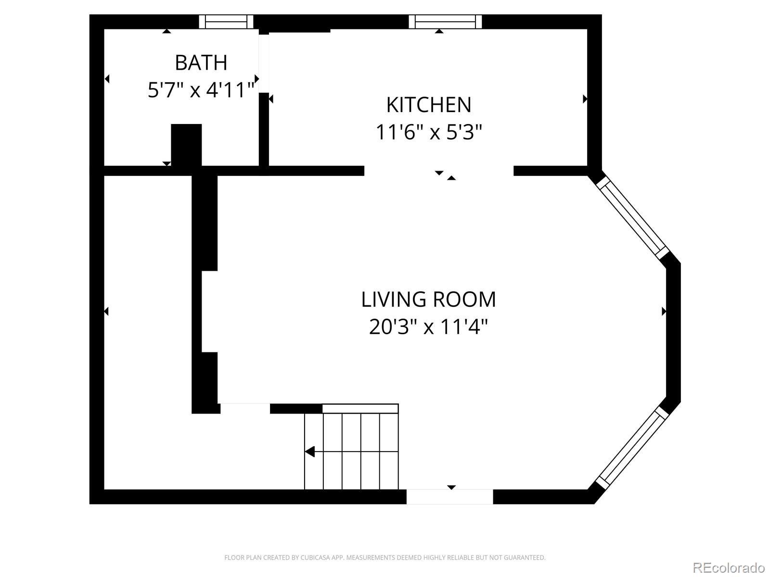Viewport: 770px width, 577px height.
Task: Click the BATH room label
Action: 201,63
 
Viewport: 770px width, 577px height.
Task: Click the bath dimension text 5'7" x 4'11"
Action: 201,90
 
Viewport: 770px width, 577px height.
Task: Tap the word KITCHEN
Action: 428,105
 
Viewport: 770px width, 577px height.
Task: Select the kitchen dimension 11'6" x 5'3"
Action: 428,132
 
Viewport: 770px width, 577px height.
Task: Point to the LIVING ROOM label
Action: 428,299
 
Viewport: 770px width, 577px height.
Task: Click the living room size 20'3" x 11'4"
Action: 428,327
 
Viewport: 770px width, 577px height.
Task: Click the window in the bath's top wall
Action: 226,22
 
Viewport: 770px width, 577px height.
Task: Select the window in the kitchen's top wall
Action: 445,22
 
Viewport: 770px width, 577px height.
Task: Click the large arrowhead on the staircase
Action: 310,452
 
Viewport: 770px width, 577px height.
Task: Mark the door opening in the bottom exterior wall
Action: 449,497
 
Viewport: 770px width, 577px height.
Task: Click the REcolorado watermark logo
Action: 729,568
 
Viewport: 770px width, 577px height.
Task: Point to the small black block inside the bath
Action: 186,145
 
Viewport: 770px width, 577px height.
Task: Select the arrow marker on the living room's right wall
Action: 664,311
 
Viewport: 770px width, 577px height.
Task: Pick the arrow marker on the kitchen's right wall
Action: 585,99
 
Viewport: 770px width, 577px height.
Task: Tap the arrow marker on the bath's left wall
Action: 107,78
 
